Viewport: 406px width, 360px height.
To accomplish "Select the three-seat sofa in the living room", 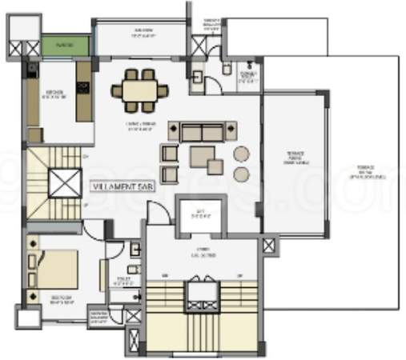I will tap(202, 131).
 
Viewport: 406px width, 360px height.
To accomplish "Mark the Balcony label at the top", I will tap(143, 34).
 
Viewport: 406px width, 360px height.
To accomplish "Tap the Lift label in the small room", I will tap(203, 213).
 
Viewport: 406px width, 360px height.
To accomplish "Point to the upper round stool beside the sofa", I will tap(241, 154).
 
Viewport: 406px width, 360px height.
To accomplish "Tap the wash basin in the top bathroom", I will tap(198, 77).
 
